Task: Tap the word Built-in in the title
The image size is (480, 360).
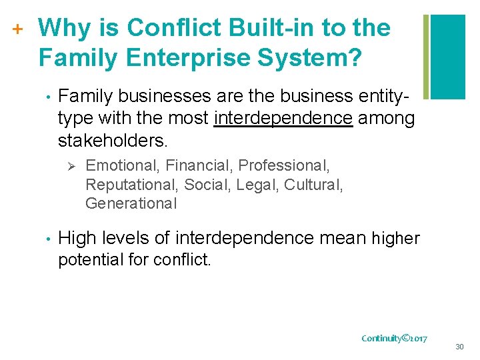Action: click(263, 28)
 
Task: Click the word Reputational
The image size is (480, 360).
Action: click(131, 184)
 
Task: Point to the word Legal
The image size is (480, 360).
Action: click(257, 184)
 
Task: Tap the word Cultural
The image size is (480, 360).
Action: click(313, 184)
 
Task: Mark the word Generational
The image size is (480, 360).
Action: click(131, 203)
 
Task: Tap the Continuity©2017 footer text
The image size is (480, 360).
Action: click(395, 338)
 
